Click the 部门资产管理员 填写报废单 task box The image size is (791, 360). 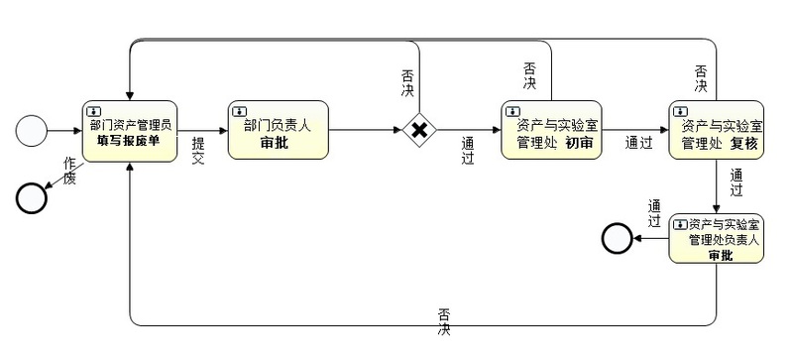pos(130,131)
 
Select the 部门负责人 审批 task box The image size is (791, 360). pos(279,130)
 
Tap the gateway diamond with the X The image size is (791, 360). pos(419,130)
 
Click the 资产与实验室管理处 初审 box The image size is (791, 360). pos(551,130)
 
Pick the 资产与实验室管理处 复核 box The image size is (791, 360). pos(717,130)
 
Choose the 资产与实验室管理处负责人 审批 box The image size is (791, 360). pos(717,238)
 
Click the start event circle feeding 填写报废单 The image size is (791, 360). pos(32,131)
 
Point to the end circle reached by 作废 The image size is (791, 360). pos(32,198)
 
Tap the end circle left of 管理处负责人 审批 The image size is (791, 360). pos(617,238)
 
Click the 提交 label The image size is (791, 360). pos(198,151)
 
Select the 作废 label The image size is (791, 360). pos(69,171)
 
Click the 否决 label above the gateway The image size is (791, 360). pos(407,83)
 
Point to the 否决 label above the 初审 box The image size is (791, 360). pos(529,75)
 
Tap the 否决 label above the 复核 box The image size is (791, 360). pos(701,78)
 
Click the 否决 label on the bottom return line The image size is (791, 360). pos(444,322)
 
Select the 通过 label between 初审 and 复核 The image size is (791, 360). pos(639,143)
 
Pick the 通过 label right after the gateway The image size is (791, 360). pos(468,151)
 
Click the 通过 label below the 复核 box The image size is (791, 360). pos(736,182)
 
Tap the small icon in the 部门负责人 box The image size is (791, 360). pos(239,110)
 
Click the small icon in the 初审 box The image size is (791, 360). pos(513,110)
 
